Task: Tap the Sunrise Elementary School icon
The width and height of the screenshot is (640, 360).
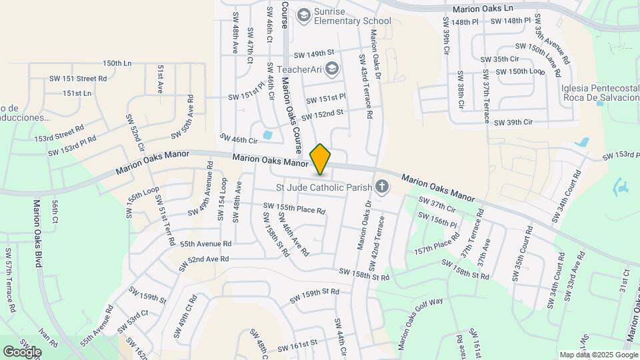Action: tap(305, 15)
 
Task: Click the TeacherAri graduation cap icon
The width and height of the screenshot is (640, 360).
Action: tap(332, 68)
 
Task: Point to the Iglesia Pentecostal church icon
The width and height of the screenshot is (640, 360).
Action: tap(600, 100)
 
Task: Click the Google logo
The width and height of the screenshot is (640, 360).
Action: tap(22, 351)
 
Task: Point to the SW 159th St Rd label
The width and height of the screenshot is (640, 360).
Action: tap(315, 292)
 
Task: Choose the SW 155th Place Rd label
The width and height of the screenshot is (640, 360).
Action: tap(294, 209)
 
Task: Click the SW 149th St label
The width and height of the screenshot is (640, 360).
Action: tap(313, 53)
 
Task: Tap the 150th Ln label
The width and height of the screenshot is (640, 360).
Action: tap(117, 63)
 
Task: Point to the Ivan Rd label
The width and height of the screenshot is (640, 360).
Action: tap(49, 336)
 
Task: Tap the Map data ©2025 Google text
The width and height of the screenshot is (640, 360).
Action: tap(597, 355)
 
